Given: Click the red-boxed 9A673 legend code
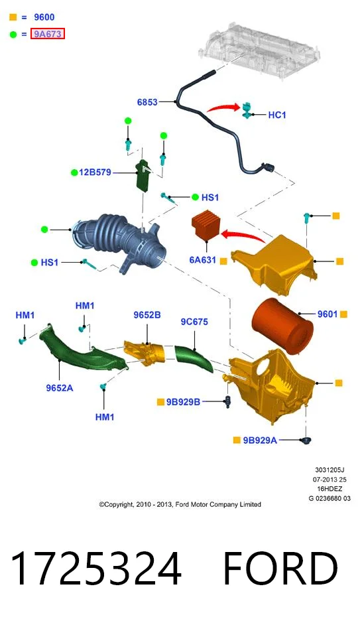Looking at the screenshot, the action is [48, 34].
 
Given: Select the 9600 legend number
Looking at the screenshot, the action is [44, 17].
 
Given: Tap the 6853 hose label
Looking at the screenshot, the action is [147, 102].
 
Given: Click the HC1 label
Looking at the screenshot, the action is [277, 115].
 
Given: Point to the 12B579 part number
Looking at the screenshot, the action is [95, 172].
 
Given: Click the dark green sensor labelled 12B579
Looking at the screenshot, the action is [143, 175].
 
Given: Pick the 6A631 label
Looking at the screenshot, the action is [203, 260].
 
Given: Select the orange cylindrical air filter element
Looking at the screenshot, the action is [282, 326].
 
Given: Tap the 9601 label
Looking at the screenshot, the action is [328, 314].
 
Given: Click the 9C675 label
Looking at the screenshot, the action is [194, 322].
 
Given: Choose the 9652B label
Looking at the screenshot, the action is [147, 315].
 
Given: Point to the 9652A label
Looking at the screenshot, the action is [60, 388].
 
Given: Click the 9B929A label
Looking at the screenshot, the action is [260, 440].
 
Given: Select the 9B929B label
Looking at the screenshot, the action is [183, 402].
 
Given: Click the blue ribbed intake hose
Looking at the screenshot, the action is [121, 242].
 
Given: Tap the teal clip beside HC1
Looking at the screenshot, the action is [247, 109].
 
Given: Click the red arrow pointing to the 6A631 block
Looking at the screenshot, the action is [243, 236].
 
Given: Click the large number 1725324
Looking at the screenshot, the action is [95, 569].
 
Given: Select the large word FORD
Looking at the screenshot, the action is [280, 569].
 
